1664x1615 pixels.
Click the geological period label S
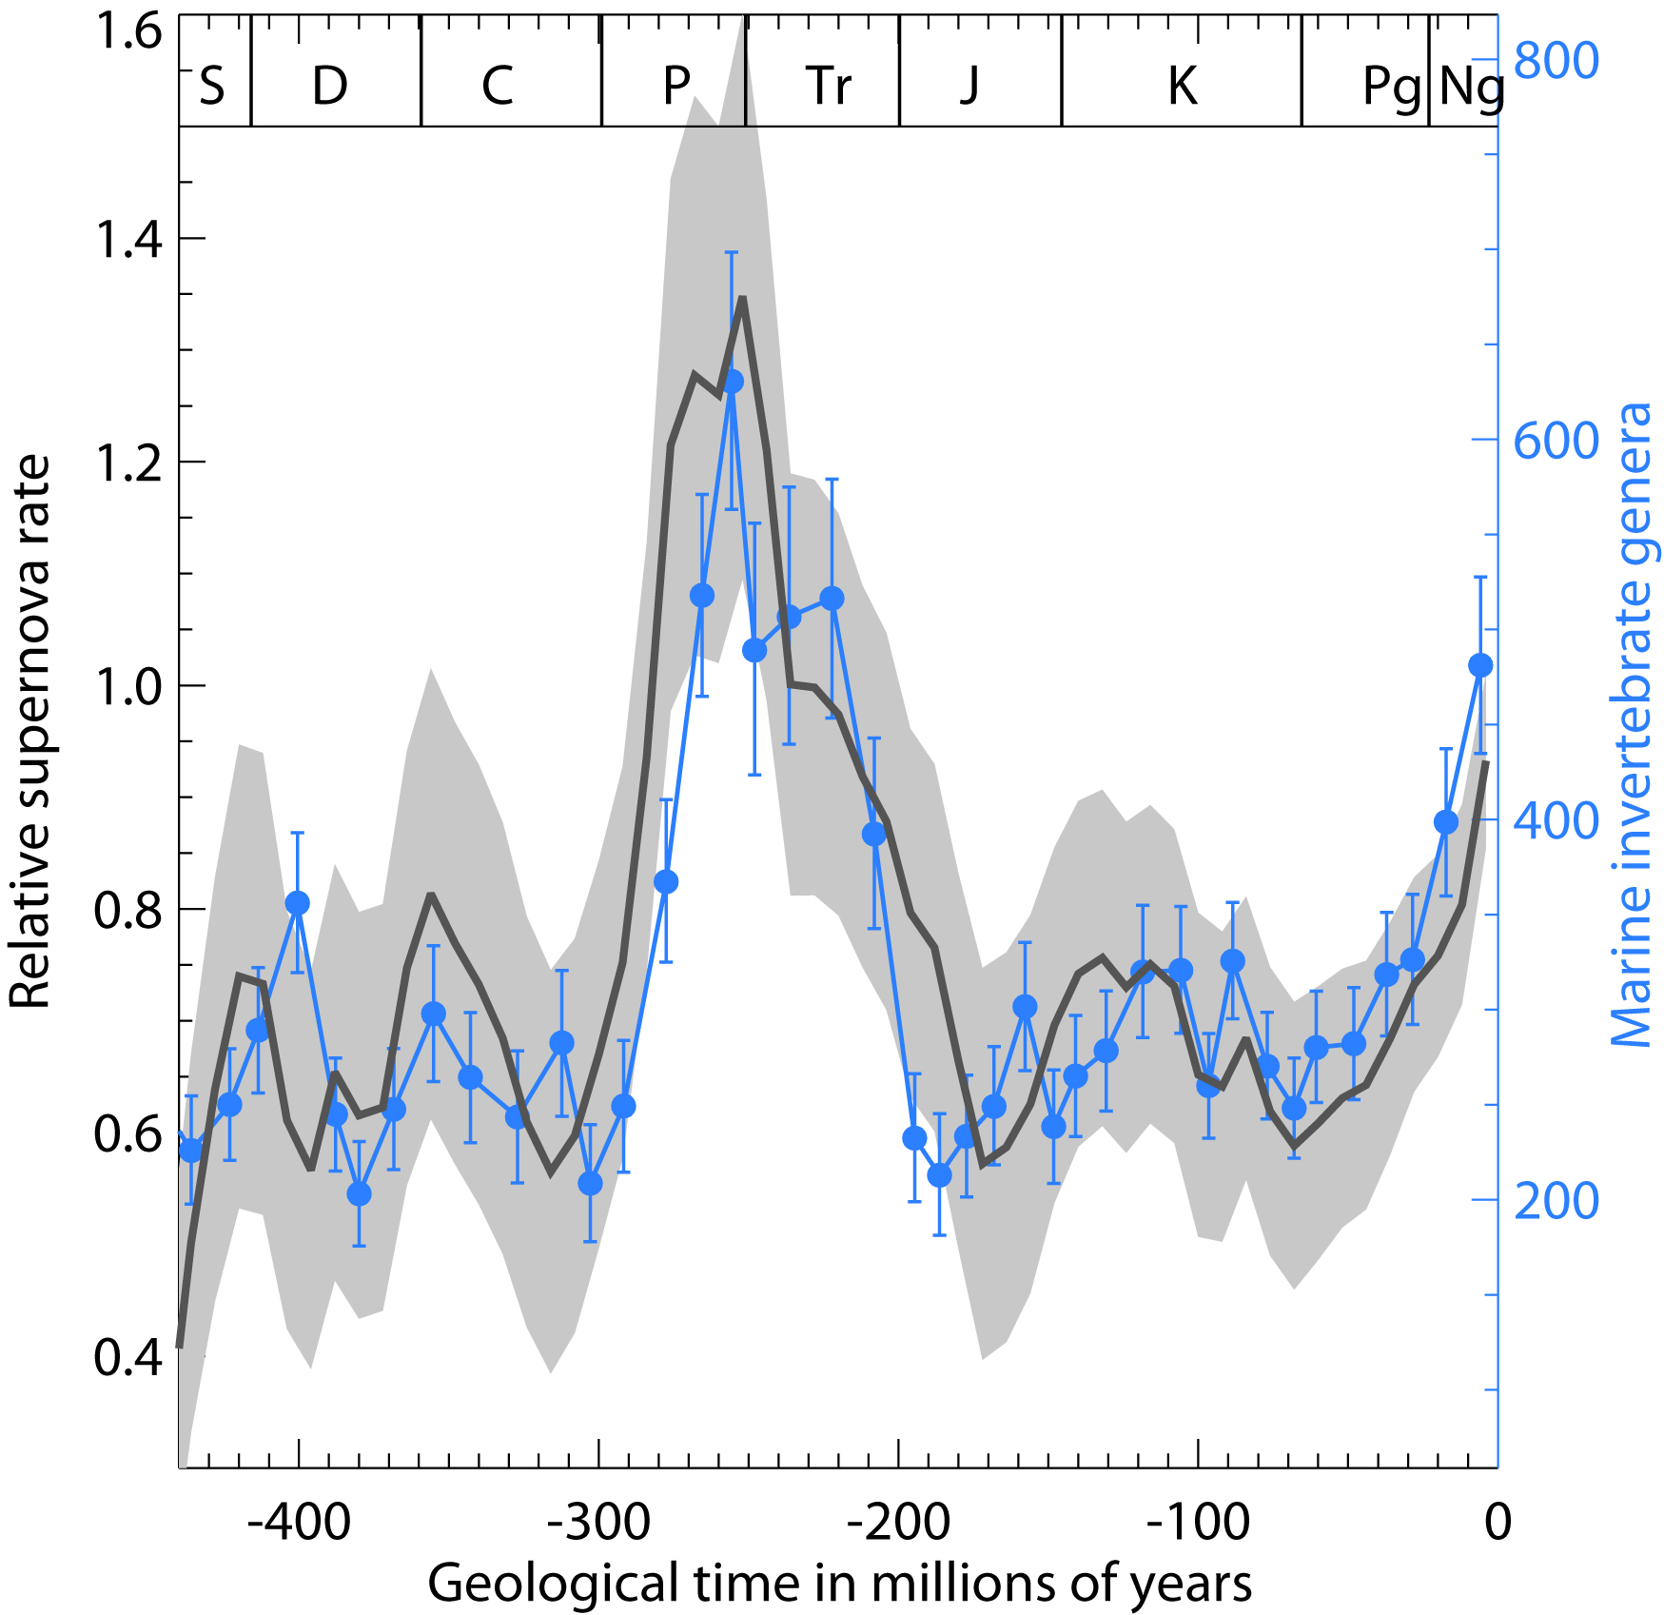click(x=212, y=87)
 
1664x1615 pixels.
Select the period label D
click(x=330, y=87)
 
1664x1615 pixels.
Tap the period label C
click(x=498, y=87)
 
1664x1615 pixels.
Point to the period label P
click(x=676, y=87)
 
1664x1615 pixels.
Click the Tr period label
click(x=829, y=87)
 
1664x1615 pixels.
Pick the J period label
click(x=969, y=87)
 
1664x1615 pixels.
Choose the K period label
click(x=1183, y=87)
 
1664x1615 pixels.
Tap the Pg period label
click(x=1392, y=87)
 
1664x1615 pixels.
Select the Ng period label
click(x=1471, y=87)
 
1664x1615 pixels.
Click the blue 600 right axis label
click(x=1556, y=442)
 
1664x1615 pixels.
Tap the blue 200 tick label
click(x=1556, y=1202)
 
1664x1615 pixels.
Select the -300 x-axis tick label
click(x=598, y=1522)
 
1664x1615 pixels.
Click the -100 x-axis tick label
click(x=1198, y=1522)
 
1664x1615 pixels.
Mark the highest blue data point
click(x=733, y=382)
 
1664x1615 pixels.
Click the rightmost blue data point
click(x=1480, y=665)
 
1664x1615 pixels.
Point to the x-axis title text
click(x=839, y=1584)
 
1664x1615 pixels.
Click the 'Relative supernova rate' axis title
click(x=29, y=731)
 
